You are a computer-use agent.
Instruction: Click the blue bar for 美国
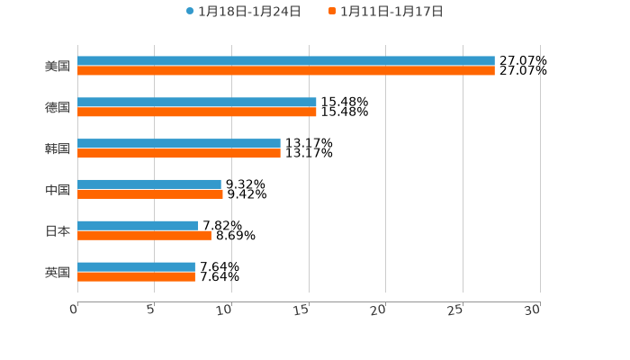[286, 61]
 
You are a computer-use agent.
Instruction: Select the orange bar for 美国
[286, 71]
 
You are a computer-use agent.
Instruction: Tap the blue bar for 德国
[197, 103]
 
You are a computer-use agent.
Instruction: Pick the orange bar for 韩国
[179, 154]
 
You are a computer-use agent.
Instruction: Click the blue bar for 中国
[149, 184]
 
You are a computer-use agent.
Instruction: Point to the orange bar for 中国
[150, 194]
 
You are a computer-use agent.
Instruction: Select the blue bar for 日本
[138, 226]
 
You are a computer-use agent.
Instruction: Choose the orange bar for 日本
[144, 236]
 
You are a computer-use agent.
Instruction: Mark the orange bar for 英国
[136, 277]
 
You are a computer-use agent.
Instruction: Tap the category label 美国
[58, 67]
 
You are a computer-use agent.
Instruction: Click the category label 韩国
[58, 149]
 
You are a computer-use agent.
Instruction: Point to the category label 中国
[58, 190]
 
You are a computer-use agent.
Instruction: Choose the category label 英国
[58, 273]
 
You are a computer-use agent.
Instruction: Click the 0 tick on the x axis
[75, 310]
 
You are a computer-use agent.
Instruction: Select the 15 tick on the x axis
[303, 310]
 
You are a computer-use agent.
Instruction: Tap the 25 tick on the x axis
[457, 310]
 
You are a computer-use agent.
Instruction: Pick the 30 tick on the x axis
[534, 310]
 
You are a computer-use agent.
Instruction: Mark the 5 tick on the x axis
[152, 310]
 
